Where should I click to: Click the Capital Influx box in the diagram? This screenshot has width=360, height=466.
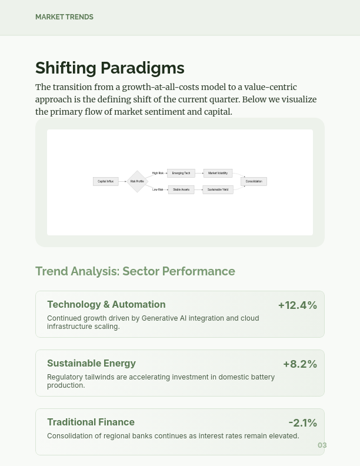pyautogui.click(x=106, y=181)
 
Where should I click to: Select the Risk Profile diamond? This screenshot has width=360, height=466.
pyautogui.click(x=137, y=181)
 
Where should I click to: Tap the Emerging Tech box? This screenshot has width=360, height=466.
pyautogui.click(x=181, y=173)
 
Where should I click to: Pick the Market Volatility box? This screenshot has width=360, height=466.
pyautogui.click(x=218, y=173)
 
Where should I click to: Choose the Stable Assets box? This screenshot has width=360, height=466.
pyautogui.click(x=181, y=189)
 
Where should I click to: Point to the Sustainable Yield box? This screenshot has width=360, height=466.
pyautogui.click(x=218, y=189)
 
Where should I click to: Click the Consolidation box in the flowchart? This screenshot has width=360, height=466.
pyautogui.click(x=254, y=181)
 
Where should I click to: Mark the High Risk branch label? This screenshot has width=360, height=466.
pyautogui.click(x=158, y=173)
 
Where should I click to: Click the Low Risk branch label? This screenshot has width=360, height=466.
pyautogui.click(x=158, y=189)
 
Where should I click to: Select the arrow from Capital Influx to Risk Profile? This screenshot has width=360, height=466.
pyautogui.click(x=123, y=181)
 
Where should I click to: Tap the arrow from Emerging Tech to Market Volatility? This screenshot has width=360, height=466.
pyautogui.click(x=199, y=173)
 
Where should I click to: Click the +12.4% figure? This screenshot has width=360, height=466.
pyautogui.click(x=297, y=305)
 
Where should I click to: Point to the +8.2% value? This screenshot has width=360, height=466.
pyautogui.click(x=299, y=364)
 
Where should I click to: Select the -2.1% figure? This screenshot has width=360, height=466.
pyautogui.click(x=302, y=422)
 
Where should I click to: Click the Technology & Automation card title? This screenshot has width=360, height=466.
pyautogui.click(x=106, y=304)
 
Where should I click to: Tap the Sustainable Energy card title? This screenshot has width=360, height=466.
pyautogui.click(x=91, y=363)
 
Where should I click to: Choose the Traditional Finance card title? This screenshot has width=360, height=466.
pyautogui.click(x=91, y=422)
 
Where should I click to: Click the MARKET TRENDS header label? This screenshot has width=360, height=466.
pyautogui.click(x=64, y=17)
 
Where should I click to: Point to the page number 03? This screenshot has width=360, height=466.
pyautogui.click(x=322, y=445)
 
